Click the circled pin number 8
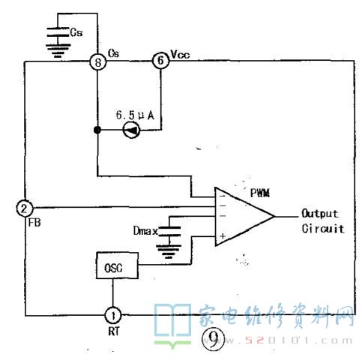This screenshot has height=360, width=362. click(98, 61)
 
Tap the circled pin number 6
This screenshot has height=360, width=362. click(161, 61)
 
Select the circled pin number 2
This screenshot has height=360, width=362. click(25, 208)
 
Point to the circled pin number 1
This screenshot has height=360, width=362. click(112, 315)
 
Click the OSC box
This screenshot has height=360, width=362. click(117, 265)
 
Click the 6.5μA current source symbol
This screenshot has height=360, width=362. click(132, 130)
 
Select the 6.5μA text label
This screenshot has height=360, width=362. click(135, 115)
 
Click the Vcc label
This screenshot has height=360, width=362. click(180, 54)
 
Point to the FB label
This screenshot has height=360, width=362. click(34, 222)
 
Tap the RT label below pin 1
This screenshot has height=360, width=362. click(114, 331)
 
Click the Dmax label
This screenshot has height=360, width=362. click(145, 230)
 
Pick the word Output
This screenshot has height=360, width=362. click(320, 213)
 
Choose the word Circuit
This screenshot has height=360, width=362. click(323, 229)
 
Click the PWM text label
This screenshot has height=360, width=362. click(260, 193)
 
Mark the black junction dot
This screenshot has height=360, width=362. click(97, 130)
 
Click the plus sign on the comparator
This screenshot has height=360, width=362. click(223, 236)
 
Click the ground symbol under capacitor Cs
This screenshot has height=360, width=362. click(58, 51)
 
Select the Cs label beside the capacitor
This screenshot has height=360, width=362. click(76, 32)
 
